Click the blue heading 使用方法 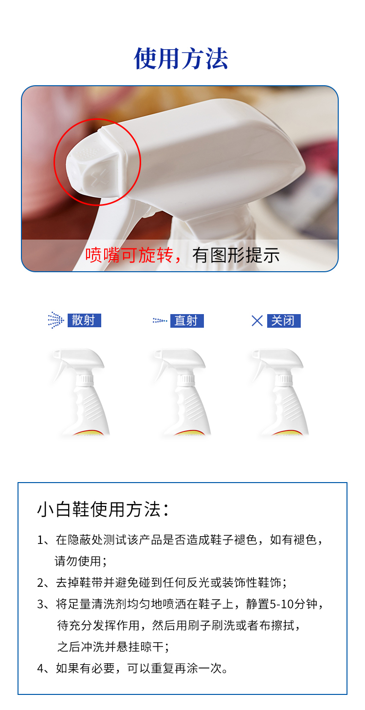pyautogui.click(x=181, y=58)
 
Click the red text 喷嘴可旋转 pyautogui.click(x=129, y=255)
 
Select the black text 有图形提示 pyautogui.click(x=236, y=255)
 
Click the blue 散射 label pyautogui.click(x=84, y=320)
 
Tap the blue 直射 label pyautogui.click(x=187, y=321)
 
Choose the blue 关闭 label pyautogui.click(x=284, y=321)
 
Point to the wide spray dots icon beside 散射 pyautogui.click(x=56, y=320)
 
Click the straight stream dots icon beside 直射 pyautogui.click(x=160, y=321)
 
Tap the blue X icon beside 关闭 pyautogui.click(x=257, y=321)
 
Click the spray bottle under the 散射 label pyautogui.click(x=80, y=392)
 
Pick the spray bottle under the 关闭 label pyautogui.click(x=279, y=392)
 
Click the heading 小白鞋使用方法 pyautogui.click(x=104, y=509)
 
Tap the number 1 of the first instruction pyautogui.click(x=40, y=540)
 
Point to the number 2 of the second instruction pyautogui.click(x=40, y=582)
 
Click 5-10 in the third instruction pyautogui.click(x=281, y=604)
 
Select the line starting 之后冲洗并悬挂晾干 pyautogui.click(x=113, y=647)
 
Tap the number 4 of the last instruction pyautogui.click(x=40, y=669)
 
